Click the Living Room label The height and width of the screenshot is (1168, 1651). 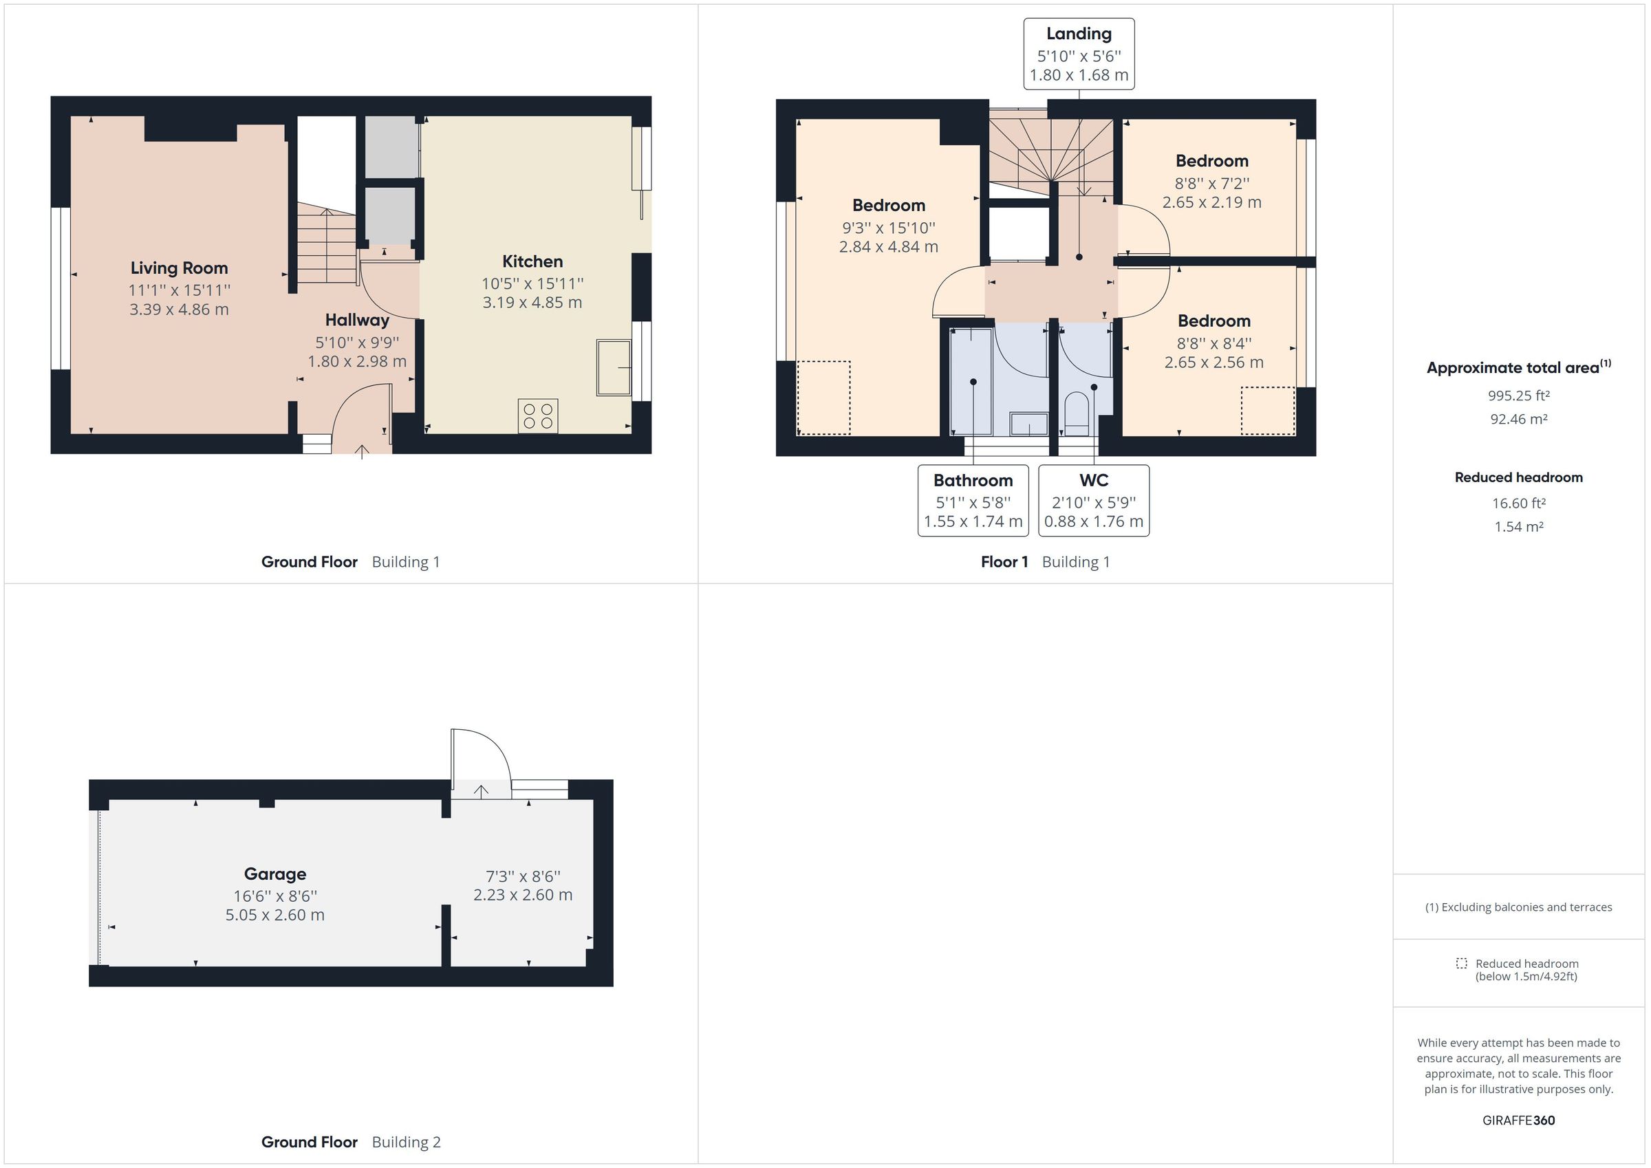pos(179,268)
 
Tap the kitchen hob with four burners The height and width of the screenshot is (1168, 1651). pos(538,416)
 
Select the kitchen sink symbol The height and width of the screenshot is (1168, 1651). pos(614,368)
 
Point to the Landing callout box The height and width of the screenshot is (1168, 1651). pos(1079,54)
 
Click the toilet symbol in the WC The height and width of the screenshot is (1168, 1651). pos(1077,415)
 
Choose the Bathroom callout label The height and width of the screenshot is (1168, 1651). pos(973,480)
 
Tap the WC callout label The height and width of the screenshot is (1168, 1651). pos(1094,480)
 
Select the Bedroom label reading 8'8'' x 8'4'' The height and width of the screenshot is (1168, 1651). pos(1213,343)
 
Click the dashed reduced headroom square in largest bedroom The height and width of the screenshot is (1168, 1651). pos(823,398)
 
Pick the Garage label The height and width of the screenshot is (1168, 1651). pos(274,874)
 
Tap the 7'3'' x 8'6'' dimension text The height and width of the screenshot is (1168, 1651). pos(523,876)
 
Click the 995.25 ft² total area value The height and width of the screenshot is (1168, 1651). pos(1518,396)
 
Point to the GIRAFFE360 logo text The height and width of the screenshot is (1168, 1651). pos(1518,1120)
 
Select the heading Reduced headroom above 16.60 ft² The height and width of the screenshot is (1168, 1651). pos(1518,477)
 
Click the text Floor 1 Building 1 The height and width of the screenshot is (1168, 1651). pos(1045,562)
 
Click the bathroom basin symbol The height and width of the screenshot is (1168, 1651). pos(1029,424)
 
